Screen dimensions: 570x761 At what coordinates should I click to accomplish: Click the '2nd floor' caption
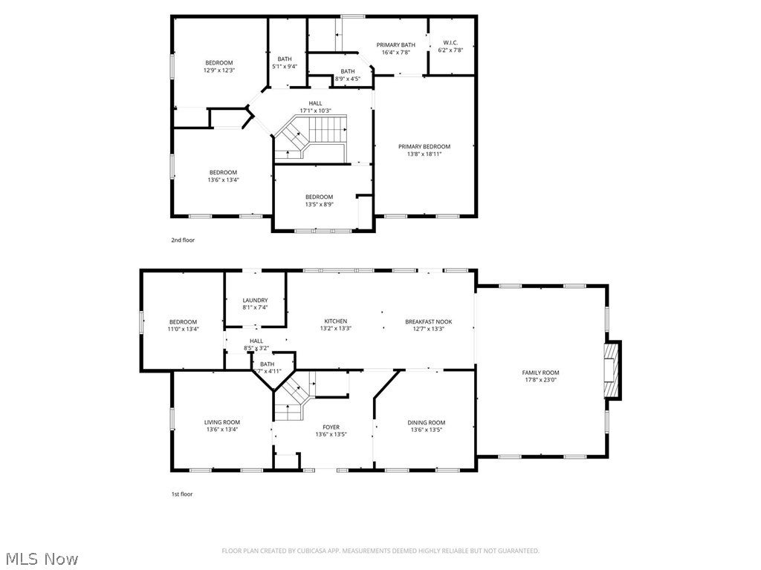pos(183,240)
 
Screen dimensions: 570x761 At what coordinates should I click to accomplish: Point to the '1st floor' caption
pos(182,494)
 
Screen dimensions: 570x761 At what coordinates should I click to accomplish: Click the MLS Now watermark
pos(41,558)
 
